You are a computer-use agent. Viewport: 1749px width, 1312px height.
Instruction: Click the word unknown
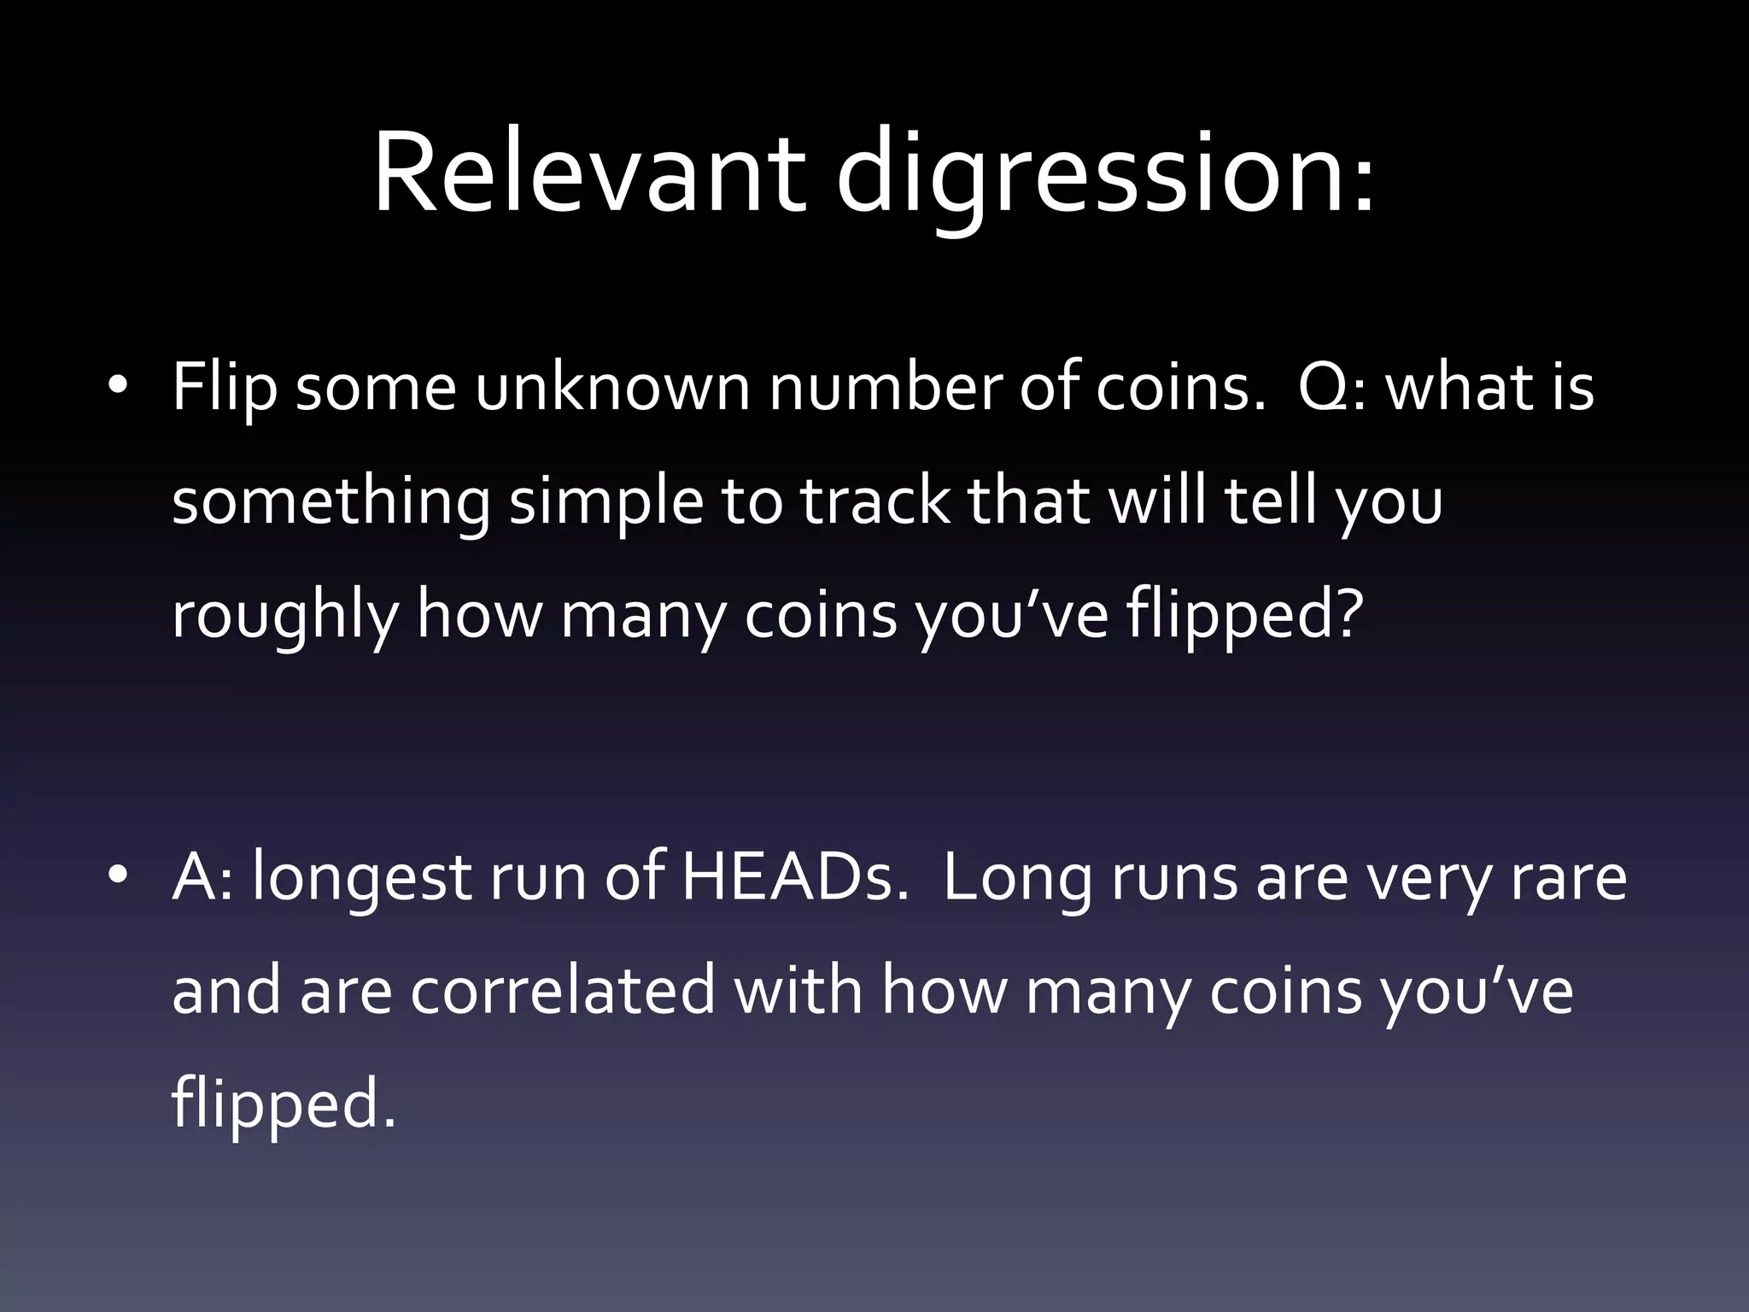pos(611,387)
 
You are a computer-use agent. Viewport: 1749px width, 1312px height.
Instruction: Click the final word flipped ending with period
pos(284,1106)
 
